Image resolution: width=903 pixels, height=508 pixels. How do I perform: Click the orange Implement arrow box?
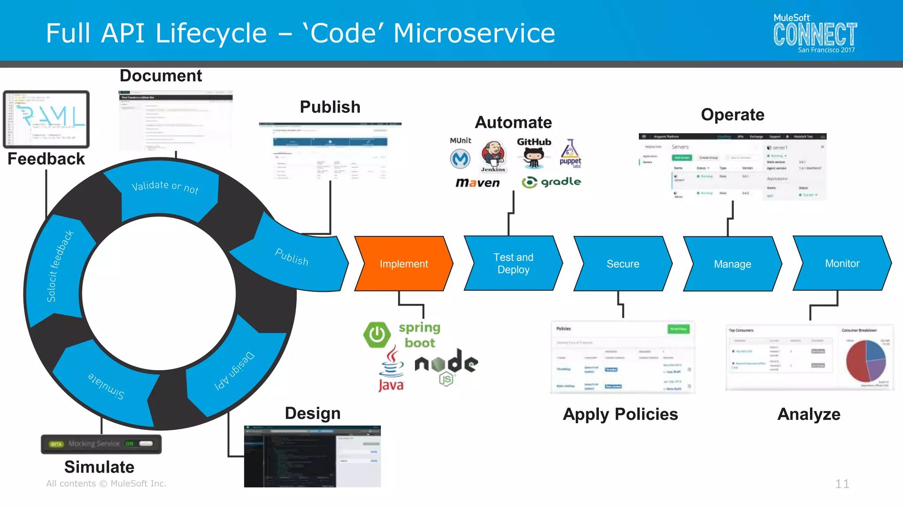pos(403,264)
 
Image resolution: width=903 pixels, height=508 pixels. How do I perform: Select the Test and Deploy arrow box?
pos(513,264)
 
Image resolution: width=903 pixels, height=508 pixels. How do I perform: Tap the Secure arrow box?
pos(623,264)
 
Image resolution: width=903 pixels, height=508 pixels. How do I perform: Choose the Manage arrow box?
pos(732,264)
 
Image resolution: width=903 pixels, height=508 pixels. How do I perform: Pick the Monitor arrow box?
pos(842,263)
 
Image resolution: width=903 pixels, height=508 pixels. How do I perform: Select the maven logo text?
pos(478,183)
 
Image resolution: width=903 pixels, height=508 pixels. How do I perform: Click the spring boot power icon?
pos(377,335)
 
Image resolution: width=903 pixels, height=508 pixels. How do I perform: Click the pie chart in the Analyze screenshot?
pos(866,361)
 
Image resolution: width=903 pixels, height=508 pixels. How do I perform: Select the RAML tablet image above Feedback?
pos(46,119)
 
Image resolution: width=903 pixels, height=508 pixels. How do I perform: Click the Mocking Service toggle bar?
pos(101,444)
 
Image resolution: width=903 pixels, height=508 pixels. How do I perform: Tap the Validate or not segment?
pos(166,192)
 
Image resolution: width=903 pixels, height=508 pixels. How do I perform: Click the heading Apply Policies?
pos(620,414)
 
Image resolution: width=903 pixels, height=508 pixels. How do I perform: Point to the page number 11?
pos(842,484)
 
